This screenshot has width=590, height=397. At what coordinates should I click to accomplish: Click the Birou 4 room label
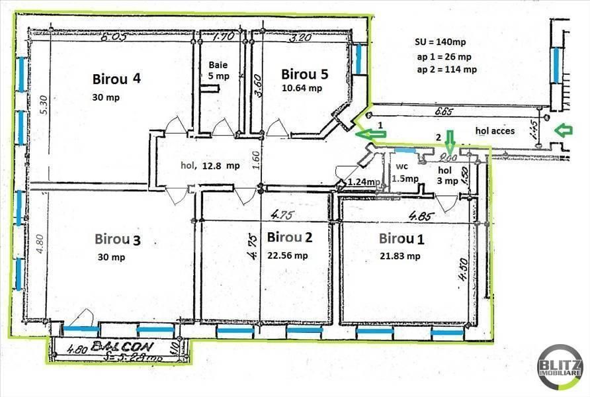[116, 79]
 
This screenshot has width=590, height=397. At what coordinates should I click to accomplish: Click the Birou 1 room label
[400, 238]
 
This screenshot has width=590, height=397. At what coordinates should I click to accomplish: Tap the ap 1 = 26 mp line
[444, 57]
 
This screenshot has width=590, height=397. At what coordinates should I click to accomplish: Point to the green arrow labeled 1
[370, 134]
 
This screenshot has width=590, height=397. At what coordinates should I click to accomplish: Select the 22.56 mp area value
[288, 255]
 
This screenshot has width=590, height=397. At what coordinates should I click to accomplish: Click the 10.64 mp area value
[302, 88]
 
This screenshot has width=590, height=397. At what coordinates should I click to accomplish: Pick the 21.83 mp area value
[400, 256]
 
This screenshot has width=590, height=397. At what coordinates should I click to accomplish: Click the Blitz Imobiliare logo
[560, 367]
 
